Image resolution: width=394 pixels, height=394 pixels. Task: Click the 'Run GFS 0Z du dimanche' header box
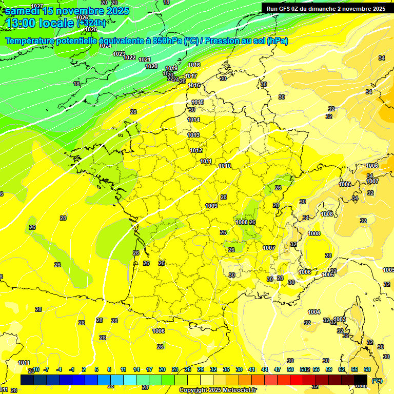(x=326, y=8)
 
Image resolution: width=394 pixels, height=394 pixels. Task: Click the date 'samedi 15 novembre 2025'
(x=67, y=11)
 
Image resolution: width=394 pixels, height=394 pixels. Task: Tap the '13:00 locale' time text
(x=40, y=23)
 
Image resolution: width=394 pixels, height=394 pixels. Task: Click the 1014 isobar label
(x=193, y=120)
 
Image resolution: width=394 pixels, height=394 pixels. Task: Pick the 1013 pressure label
(x=193, y=135)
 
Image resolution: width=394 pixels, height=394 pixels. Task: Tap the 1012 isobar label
(x=195, y=150)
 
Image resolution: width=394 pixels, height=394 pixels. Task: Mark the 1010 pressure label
(x=225, y=166)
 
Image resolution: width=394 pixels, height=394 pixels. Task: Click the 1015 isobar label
(x=198, y=102)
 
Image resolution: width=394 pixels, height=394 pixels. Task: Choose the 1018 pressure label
(x=194, y=65)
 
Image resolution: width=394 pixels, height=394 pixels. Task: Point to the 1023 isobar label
(x=119, y=54)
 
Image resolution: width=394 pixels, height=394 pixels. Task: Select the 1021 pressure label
(x=145, y=60)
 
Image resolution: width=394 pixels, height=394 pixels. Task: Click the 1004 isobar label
(x=314, y=312)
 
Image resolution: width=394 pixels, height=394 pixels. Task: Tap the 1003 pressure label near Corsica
(x=340, y=319)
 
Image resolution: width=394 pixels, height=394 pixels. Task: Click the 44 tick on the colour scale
(x=264, y=369)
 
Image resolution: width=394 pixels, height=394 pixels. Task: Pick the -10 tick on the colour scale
(x=35, y=369)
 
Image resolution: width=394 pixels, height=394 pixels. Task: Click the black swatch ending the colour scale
(x=361, y=380)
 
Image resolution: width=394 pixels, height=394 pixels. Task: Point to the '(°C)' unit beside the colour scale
(x=377, y=381)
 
